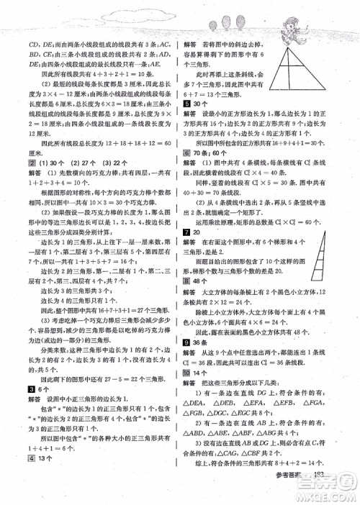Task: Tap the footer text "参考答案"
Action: tap(302, 493)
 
